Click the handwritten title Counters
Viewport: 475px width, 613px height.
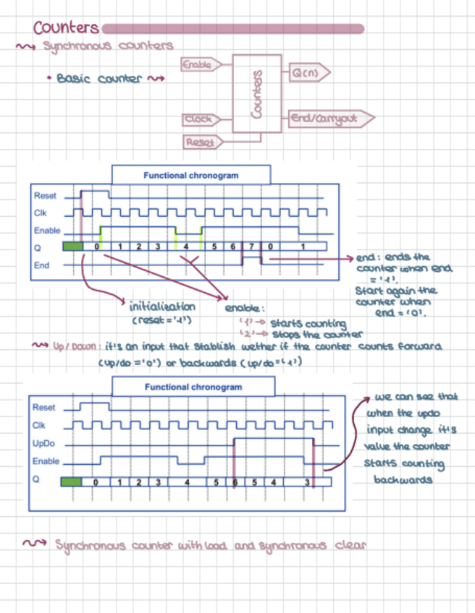tap(66, 28)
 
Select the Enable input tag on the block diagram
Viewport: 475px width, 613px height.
tap(197, 65)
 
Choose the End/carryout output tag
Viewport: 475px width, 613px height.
tap(329, 118)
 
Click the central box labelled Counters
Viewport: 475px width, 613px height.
tap(256, 95)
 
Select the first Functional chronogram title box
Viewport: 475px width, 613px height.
tap(191, 176)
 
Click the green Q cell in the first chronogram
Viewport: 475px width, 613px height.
tap(73, 247)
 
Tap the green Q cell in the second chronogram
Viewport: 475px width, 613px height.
tap(72, 481)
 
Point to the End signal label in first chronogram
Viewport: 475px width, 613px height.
tap(41, 265)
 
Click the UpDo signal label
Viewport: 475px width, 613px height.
tap(43, 442)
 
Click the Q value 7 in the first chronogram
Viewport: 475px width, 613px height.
tap(251, 247)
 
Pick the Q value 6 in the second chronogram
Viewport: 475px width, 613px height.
tap(235, 481)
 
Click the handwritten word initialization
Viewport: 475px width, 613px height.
tap(161, 306)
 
